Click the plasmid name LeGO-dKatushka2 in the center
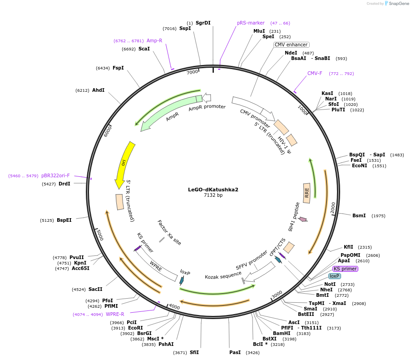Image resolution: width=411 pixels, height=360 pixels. pyautogui.click(x=213, y=190)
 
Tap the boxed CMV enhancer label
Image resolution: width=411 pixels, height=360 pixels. pyautogui.click(x=291, y=45)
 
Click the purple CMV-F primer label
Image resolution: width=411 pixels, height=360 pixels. pyautogui.click(x=315, y=73)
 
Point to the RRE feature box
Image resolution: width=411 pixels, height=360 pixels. pyautogui.click(x=307, y=191)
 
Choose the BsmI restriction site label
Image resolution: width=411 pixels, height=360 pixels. pyautogui.click(x=359, y=215)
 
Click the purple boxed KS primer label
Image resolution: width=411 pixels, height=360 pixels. pyautogui.click(x=345, y=269)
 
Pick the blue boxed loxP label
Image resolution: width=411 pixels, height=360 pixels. pyautogui.click(x=335, y=276)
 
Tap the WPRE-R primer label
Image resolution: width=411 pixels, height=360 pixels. pyautogui.click(x=115, y=314)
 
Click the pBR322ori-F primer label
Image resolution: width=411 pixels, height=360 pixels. pyautogui.click(x=55, y=175)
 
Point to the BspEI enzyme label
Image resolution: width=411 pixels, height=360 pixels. pyautogui.click(x=64, y=220)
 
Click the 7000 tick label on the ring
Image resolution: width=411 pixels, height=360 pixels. pyautogui.click(x=193, y=72)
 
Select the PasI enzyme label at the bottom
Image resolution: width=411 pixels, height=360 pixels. pyautogui.click(x=235, y=352)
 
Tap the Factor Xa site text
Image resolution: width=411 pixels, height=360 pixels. pyautogui.click(x=169, y=232)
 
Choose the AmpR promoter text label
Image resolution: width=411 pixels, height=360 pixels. pyautogui.click(x=207, y=108)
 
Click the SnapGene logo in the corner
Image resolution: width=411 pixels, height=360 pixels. pyautogui.click(x=396, y=4)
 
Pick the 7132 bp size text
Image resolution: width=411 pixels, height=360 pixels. pyautogui.click(x=213, y=195)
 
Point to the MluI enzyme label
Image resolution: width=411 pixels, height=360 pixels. pyautogui.click(x=259, y=31)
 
